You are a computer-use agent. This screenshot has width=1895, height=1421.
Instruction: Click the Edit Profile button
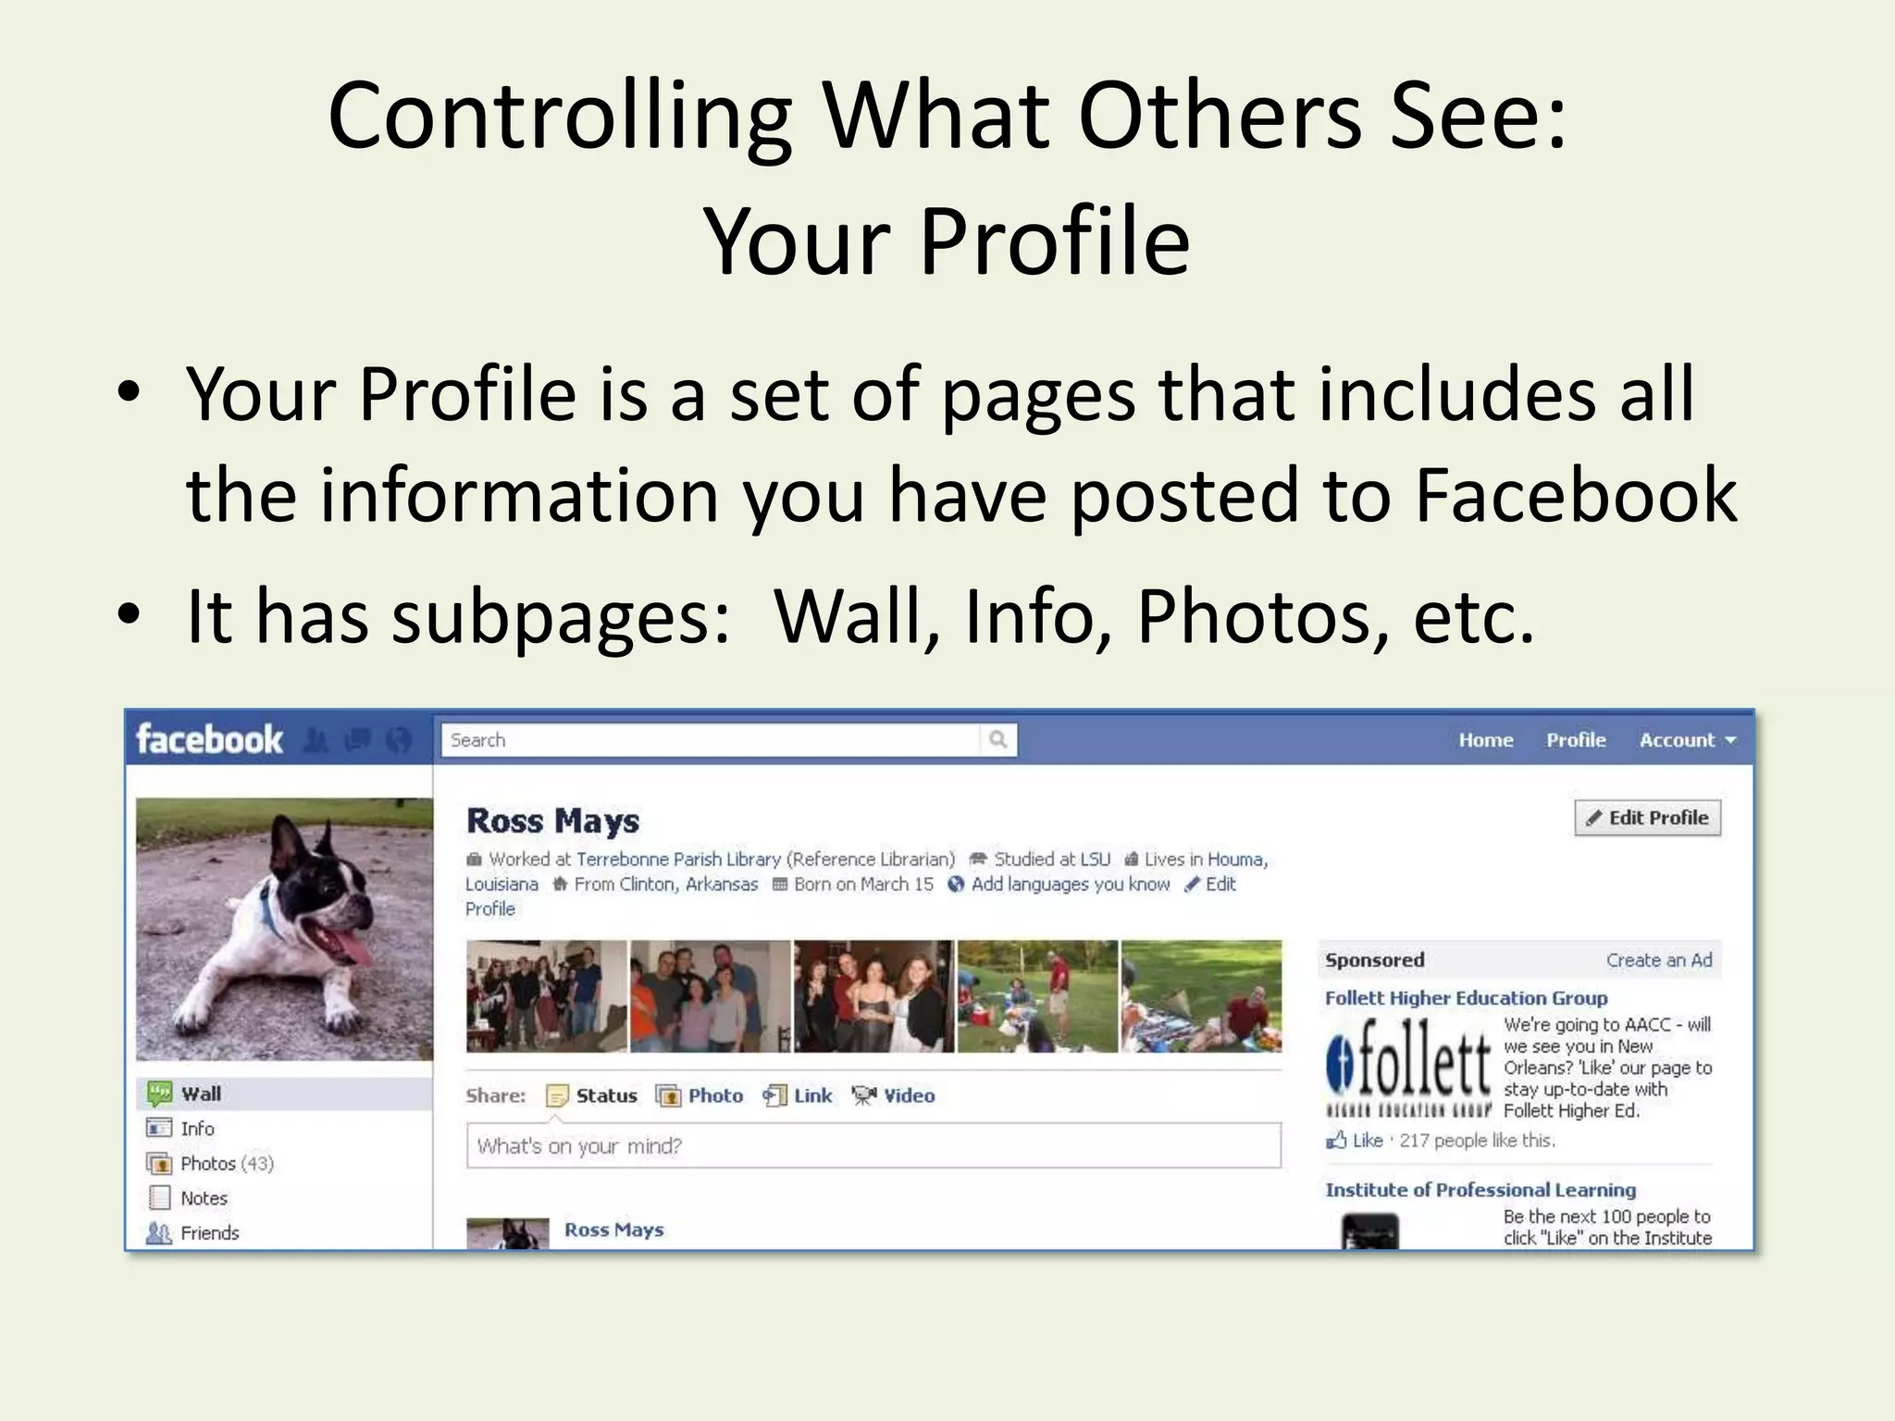coord(1647,818)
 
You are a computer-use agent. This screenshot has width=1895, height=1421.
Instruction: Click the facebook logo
coord(209,740)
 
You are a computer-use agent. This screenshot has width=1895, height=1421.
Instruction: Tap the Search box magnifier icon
coord(997,739)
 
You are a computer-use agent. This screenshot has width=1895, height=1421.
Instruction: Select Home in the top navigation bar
coord(1486,740)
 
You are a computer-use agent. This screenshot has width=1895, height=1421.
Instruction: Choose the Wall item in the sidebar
coord(201,1094)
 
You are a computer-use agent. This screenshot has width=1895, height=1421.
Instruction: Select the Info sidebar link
coord(197,1129)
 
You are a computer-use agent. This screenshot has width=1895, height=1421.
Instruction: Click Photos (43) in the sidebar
coord(227,1164)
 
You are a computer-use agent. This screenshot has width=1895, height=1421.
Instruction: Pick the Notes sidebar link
coord(204,1198)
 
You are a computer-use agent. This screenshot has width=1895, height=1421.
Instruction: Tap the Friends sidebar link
coord(210,1233)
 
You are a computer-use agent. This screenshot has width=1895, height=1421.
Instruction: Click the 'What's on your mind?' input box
coord(873,1146)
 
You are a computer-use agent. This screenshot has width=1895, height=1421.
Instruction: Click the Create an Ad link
coord(1659,960)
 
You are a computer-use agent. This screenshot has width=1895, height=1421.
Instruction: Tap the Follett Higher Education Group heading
coord(1466,998)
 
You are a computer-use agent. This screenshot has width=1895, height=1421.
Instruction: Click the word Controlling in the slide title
coord(560,117)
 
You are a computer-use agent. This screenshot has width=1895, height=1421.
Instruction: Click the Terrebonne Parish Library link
coord(678,859)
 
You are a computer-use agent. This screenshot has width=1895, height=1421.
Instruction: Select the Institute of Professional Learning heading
coord(1480,1190)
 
